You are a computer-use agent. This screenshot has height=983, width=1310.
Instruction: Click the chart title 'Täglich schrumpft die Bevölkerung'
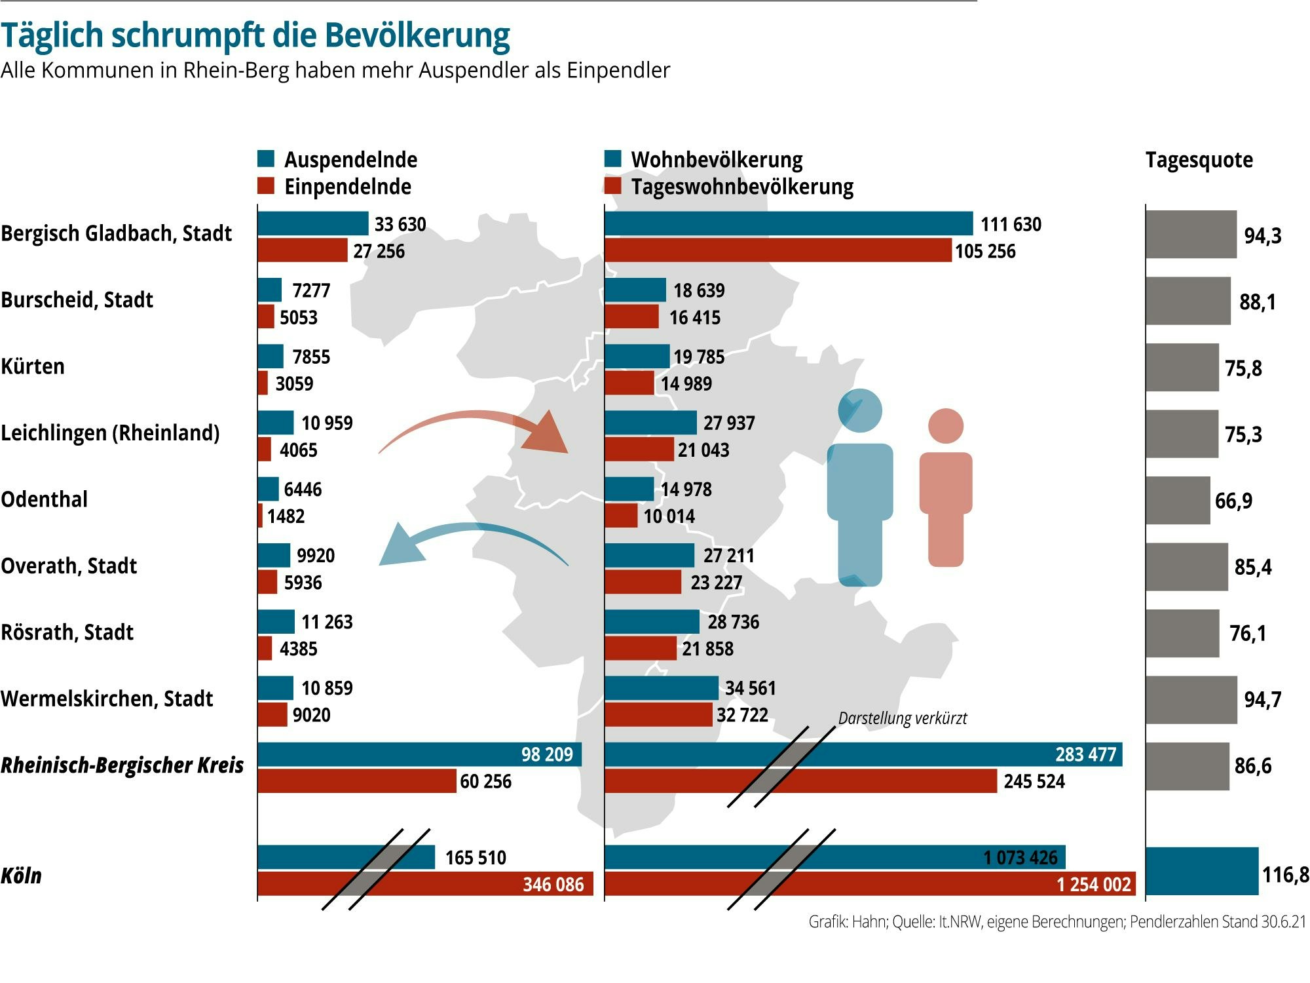click(x=255, y=35)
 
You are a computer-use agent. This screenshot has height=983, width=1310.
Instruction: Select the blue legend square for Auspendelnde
click(x=266, y=159)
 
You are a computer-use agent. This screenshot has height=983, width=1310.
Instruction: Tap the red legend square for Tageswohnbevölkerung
click(x=612, y=186)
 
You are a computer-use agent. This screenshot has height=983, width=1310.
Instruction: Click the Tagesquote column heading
click(x=1199, y=160)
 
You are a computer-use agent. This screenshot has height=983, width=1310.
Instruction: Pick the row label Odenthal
click(x=44, y=499)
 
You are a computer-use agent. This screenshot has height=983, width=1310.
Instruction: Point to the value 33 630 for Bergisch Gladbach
click(x=400, y=224)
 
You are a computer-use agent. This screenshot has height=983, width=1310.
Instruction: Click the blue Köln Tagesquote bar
click(x=1201, y=871)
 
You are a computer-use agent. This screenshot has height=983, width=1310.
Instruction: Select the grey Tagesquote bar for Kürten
click(x=1182, y=368)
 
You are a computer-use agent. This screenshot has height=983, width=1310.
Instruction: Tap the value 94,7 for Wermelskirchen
click(x=1262, y=699)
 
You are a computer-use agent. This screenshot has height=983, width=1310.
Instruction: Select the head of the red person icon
click(x=945, y=426)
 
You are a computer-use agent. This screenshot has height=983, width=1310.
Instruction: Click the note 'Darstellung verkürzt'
click(x=902, y=718)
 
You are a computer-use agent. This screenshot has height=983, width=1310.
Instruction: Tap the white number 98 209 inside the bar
click(x=546, y=754)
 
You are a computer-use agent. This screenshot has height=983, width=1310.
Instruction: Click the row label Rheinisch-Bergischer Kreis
click(x=122, y=765)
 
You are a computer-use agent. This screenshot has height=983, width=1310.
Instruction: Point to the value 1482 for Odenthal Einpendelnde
click(x=286, y=516)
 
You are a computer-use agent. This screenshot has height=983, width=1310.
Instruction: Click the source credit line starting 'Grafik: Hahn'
click(x=1057, y=921)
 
